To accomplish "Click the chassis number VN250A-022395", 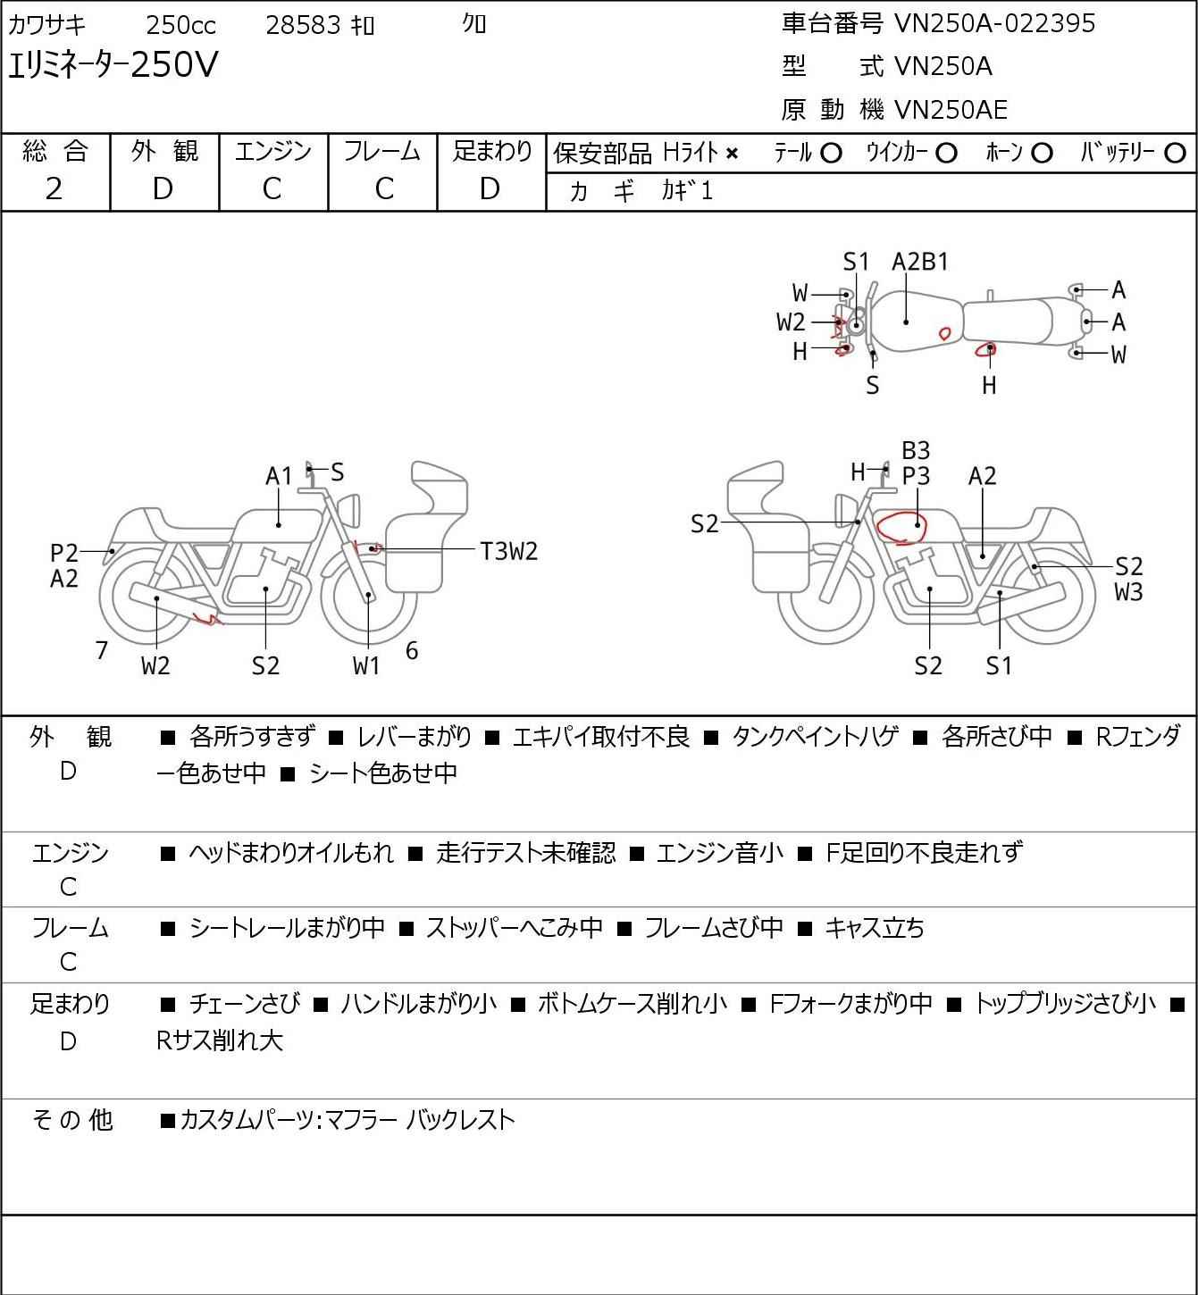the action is click(994, 23).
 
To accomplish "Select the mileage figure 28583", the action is click(304, 25).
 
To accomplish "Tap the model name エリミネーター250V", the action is click(113, 64).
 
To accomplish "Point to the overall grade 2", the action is click(54, 189).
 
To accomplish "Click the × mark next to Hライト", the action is click(733, 154).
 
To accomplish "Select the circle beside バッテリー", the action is click(1175, 154).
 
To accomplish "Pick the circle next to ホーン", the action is click(1042, 154).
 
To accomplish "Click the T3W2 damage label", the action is click(509, 552).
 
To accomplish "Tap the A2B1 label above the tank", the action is click(920, 263).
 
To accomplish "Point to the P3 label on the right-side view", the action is click(916, 477).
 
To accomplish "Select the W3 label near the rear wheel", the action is click(1129, 592).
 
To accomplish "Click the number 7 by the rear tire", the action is click(101, 650).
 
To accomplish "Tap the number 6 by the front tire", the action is click(412, 650).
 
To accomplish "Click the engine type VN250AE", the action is click(951, 110).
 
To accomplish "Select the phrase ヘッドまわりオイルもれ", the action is click(291, 853).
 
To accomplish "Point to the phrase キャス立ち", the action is click(875, 928).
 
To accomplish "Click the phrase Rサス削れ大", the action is click(220, 1040).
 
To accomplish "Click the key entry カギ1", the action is click(687, 191).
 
